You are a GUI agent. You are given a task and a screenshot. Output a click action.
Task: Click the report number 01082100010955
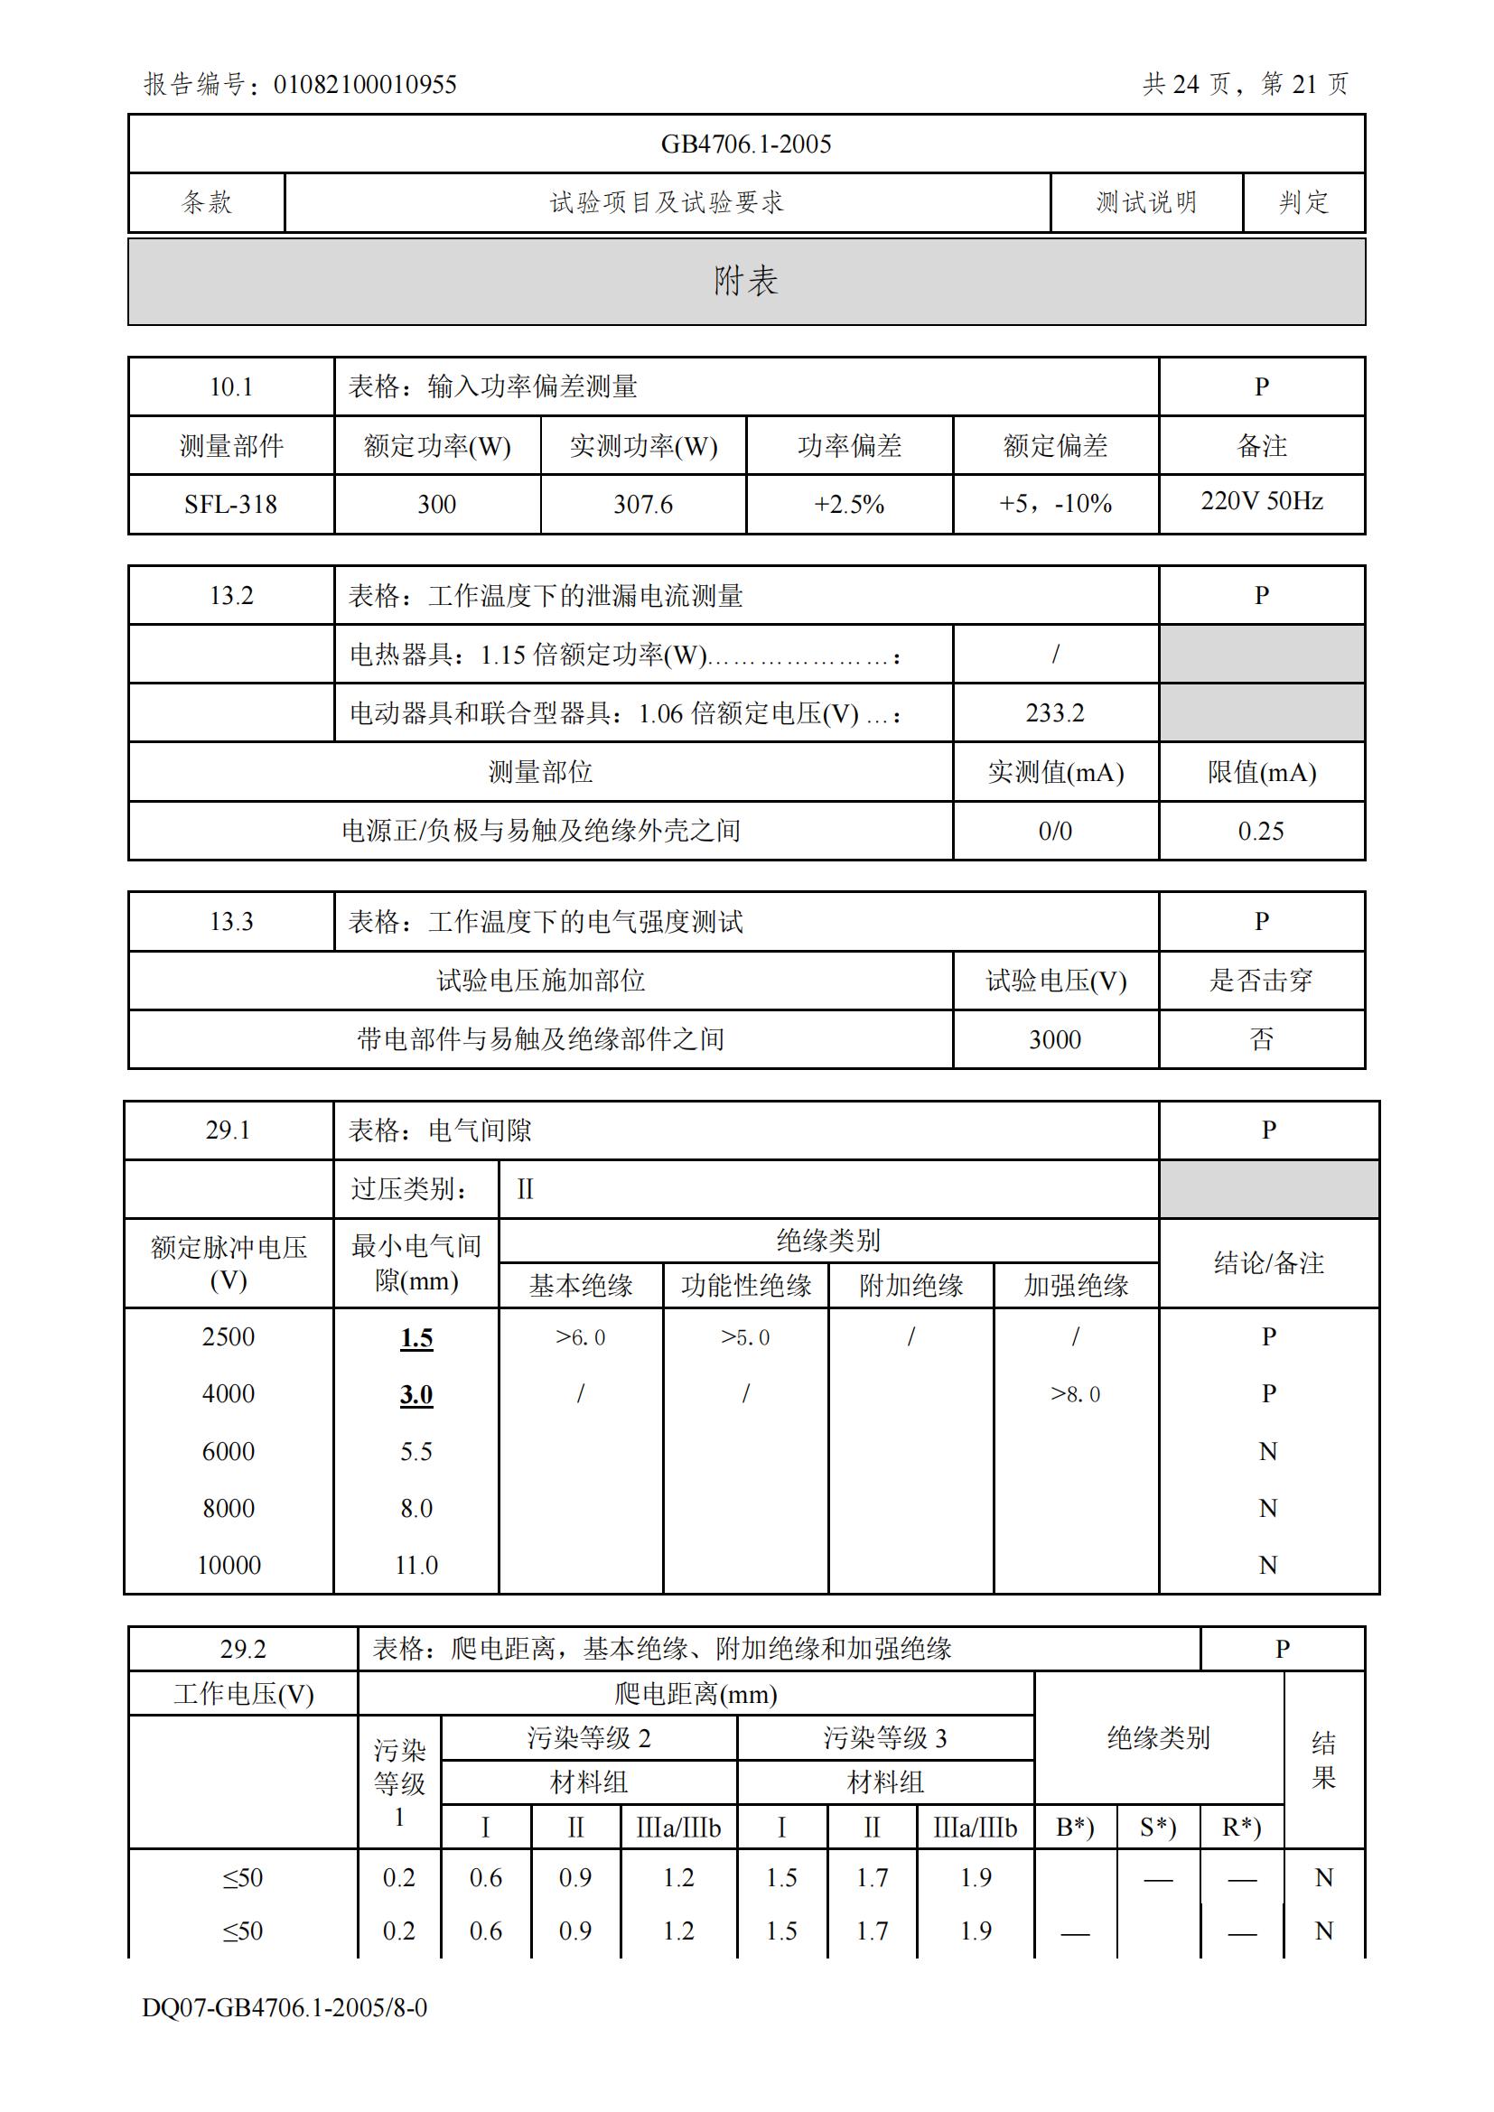pyautogui.click(x=364, y=85)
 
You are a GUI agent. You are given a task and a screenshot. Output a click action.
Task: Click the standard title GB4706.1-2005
pyautogui.click(x=746, y=144)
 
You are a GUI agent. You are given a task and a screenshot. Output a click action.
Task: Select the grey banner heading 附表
pyautogui.click(x=746, y=282)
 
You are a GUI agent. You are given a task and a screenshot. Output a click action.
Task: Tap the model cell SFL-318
pyautogui.click(x=230, y=504)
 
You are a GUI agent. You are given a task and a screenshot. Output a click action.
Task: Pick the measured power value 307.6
pyautogui.click(x=643, y=504)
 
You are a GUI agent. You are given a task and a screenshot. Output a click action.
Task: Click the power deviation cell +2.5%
pyautogui.click(x=849, y=504)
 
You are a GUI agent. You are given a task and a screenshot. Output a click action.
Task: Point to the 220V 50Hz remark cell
pyautogui.click(x=1261, y=501)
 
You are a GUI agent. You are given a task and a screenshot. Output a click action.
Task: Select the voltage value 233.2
pyautogui.click(x=1055, y=713)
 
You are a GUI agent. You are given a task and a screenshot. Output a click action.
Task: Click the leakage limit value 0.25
pyautogui.click(x=1260, y=831)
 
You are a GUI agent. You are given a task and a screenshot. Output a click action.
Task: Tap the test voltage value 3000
pyautogui.click(x=1055, y=1039)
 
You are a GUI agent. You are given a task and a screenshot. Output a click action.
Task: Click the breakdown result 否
pyautogui.click(x=1261, y=1039)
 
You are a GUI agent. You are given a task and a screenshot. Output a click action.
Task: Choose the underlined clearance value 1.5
pyautogui.click(x=416, y=1338)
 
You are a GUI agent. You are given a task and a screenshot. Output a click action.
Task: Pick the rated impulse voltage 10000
pyautogui.click(x=229, y=1565)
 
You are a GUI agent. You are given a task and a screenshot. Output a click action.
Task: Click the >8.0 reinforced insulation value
pyautogui.click(x=1076, y=1394)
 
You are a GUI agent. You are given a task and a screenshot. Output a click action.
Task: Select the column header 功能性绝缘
pyautogui.click(x=746, y=1286)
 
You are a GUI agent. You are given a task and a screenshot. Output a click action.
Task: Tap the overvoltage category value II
pyautogui.click(x=526, y=1189)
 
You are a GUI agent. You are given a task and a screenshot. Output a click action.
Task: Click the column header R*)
pyautogui.click(x=1241, y=1827)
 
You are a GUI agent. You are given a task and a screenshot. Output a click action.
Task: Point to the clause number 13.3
pyautogui.click(x=231, y=922)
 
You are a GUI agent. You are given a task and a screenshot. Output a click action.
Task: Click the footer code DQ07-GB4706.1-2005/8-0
pyautogui.click(x=285, y=2007)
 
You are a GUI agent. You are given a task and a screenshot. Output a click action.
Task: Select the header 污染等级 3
pyautogui.click(x=885, y=1737)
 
